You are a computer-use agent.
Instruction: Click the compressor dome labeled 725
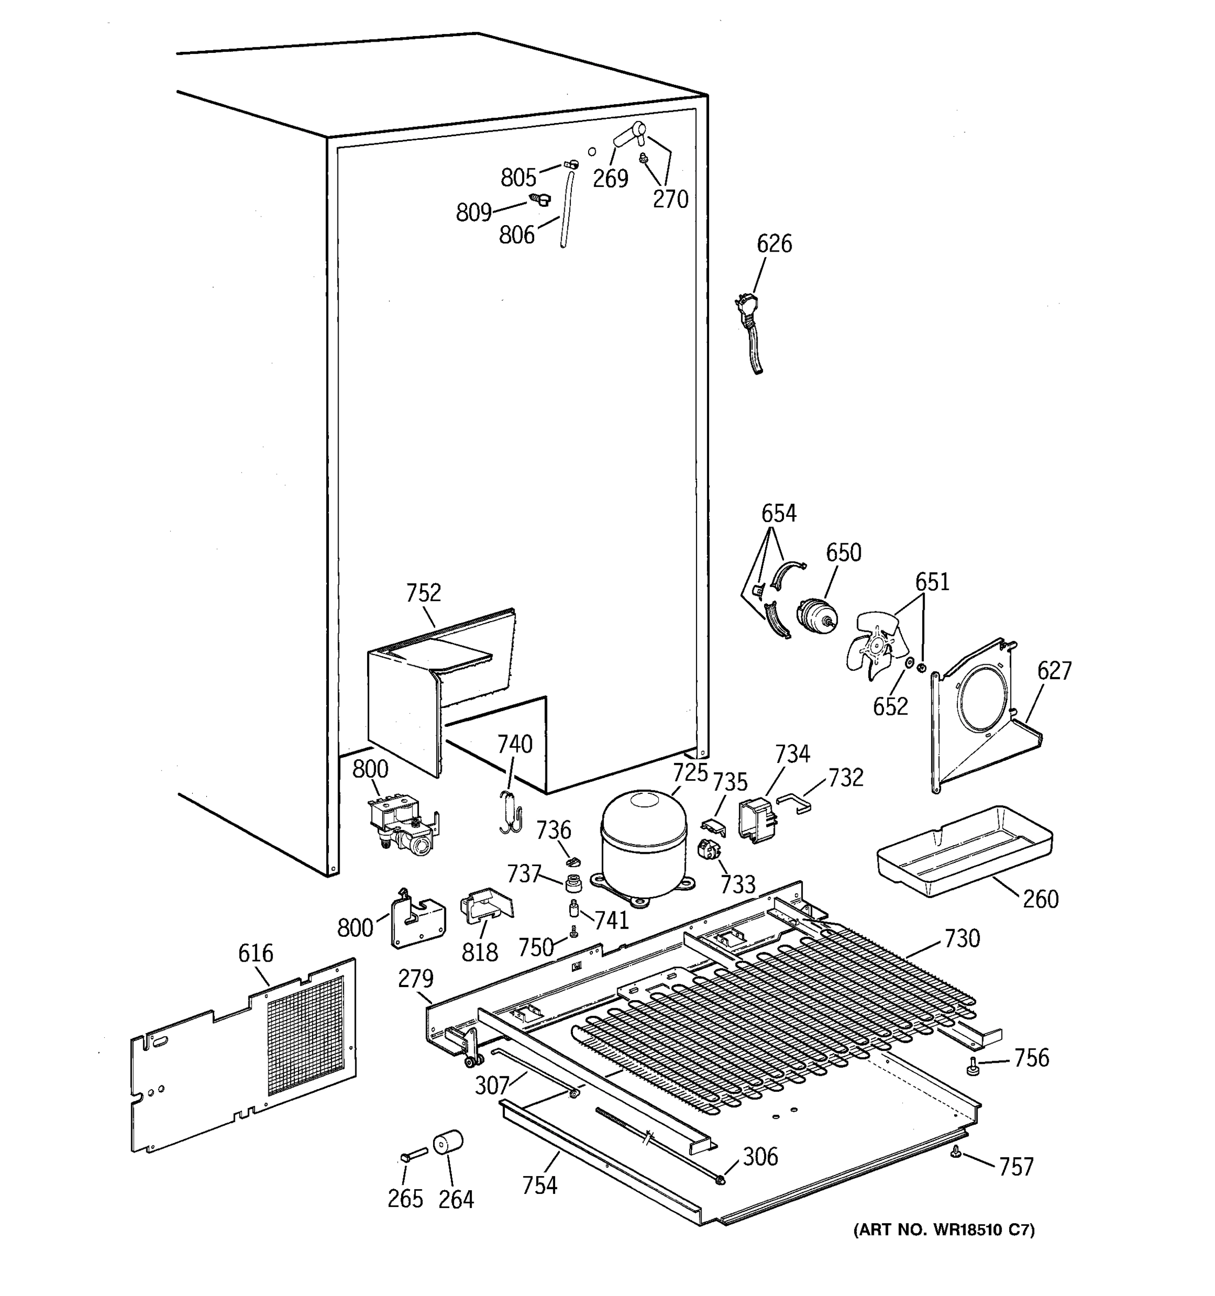(x=643, y=840)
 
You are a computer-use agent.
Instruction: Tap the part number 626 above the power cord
(x=774, y=244)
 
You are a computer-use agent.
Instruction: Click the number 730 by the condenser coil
(x=961, y=938)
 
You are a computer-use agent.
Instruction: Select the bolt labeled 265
(x=413, y=1155)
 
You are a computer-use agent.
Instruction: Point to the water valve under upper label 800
(x=400, y=825)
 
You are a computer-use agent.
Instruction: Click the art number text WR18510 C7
(x=944, y=1230)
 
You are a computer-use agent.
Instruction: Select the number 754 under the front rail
(x=539, y=1185)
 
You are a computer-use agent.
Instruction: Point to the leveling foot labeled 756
(x=973, y=1066)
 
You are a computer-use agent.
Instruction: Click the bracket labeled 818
(x=485, y=907)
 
